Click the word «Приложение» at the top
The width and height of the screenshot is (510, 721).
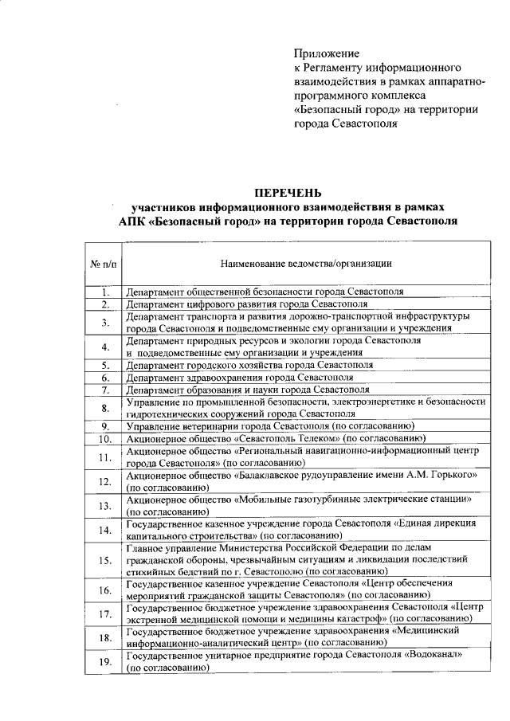[x=327, y=52]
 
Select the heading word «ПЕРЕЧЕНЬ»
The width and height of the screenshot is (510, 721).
[x=288, y=192]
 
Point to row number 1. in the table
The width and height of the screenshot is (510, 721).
[x=104, y=292]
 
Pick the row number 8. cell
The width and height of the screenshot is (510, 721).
[x=104, y=408]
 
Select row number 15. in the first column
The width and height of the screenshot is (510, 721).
[x=104, y=560]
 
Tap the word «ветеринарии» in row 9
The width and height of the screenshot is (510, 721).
[x=207, y=426]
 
